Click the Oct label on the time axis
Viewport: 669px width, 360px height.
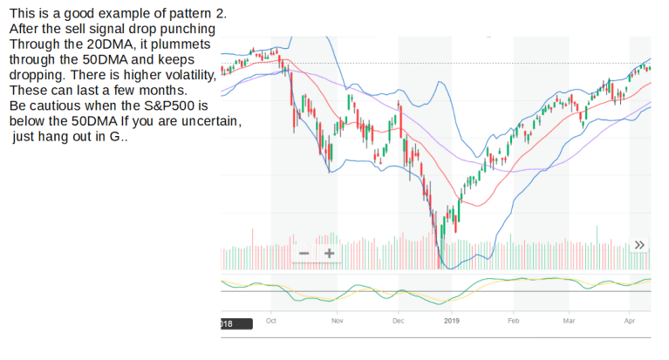click(270, 322)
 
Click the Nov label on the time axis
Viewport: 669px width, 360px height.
click(338, 322)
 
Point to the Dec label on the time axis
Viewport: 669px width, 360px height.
click(399, 322)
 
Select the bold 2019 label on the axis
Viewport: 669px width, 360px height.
click(451, 322)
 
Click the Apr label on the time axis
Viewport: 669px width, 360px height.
click(631, 322)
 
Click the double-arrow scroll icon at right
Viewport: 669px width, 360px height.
click(639, 245)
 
